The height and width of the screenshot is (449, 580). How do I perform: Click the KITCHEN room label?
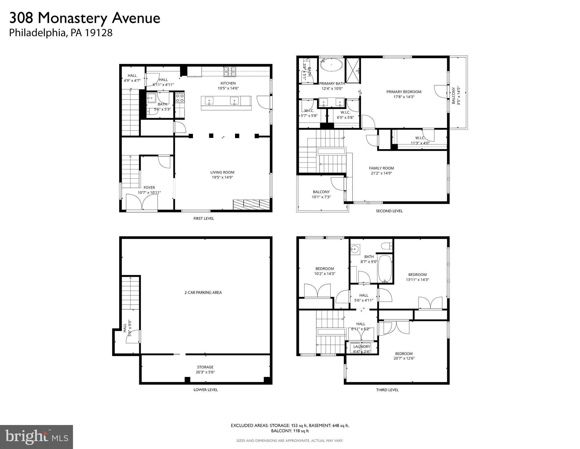228,84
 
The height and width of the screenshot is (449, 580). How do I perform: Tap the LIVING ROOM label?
222,172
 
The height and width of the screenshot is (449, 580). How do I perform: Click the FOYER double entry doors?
142,202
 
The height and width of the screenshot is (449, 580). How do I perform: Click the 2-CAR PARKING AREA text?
203,293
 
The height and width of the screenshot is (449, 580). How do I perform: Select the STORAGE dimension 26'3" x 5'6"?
205,372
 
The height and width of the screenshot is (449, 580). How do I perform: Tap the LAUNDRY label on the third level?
362,347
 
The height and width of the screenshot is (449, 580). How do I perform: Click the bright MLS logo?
36,437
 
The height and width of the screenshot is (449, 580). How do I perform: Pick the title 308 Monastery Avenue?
85,18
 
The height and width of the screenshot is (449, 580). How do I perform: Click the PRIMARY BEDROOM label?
404,92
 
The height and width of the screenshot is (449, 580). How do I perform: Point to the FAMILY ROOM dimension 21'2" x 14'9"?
381,173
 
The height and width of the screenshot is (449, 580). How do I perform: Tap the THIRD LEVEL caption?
387,390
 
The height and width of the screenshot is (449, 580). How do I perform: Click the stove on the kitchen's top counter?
230,72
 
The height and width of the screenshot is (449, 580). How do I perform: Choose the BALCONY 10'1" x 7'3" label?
321,192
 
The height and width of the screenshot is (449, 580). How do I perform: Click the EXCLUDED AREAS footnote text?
290,428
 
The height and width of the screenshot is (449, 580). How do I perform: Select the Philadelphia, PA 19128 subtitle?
61,33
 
